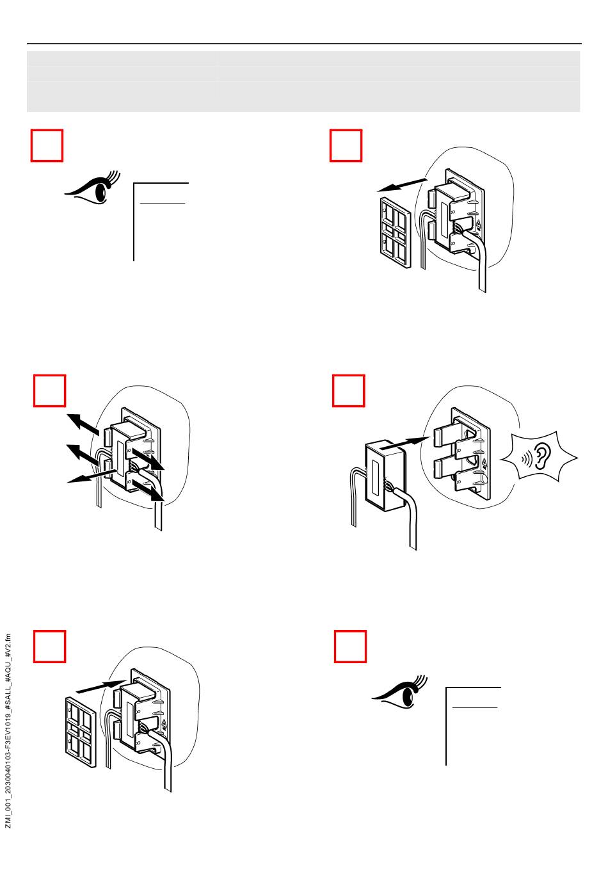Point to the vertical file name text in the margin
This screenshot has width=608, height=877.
(8, 730)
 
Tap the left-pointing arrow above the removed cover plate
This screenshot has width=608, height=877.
(402, 184)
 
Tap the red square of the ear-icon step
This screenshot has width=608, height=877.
(349, 391)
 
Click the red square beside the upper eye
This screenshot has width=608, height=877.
(47, 146)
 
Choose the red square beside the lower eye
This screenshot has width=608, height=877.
(351, 647)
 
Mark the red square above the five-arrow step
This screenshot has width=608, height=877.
(49, 391)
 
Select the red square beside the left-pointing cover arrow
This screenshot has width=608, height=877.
(346, 146)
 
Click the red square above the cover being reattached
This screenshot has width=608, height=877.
(49, 647)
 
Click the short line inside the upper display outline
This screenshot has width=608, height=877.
(163, 203)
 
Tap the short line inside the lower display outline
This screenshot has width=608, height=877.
(474, 707)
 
